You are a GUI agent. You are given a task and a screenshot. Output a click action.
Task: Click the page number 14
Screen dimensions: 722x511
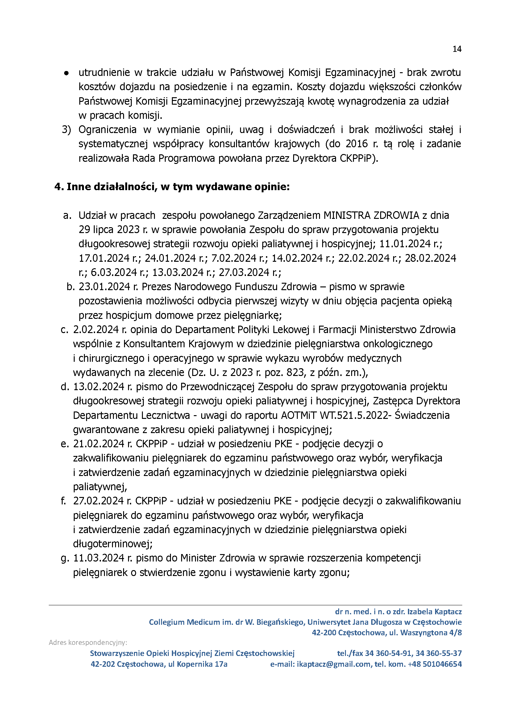coord(457,49)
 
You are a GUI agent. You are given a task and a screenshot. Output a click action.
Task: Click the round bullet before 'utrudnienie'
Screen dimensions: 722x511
coord(66,73)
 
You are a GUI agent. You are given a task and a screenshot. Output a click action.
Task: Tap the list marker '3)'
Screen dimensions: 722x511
coord(66,130)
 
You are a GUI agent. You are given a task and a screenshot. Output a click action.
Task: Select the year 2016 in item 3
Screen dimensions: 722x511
coord(356,144)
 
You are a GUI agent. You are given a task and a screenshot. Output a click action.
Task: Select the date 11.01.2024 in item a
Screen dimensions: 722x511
coord(405,244)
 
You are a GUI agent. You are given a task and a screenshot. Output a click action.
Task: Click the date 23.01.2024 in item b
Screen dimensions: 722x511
coord(104,287)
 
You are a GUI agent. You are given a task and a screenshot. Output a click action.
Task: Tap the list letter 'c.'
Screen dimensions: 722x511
coord(64,330)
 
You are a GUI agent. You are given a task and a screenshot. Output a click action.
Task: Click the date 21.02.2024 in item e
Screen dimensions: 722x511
coord(99,444)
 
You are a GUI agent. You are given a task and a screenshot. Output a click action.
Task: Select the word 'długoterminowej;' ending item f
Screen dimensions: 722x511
coord(113,544)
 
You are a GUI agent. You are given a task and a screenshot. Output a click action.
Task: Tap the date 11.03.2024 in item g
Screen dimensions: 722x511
coord(99,558)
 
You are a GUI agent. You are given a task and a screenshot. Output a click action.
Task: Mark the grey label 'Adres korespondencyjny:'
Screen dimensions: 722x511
coord(88,642)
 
